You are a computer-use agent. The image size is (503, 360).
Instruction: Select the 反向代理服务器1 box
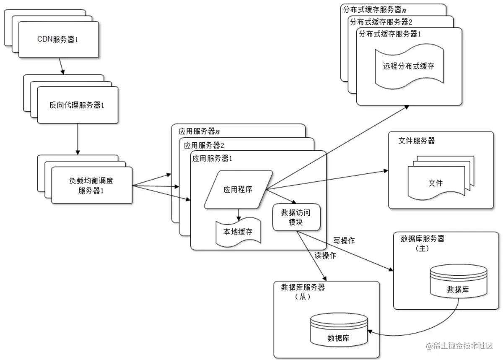coord(77,105)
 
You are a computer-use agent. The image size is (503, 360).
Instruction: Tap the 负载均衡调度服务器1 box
coord(92,185)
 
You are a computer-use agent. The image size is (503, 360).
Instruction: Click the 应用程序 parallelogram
coord(238,189)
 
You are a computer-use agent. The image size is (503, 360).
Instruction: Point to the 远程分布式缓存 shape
coord(408,66)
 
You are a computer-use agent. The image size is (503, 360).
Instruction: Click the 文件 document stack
coord(436,183)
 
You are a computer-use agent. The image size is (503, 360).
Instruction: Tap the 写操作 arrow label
coord(344,241)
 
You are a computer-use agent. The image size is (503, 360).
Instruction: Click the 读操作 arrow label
coord(325,256)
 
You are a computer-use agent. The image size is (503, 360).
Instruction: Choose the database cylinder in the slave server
coord(339,332)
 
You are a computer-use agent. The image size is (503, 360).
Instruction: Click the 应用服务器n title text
coord(200,131)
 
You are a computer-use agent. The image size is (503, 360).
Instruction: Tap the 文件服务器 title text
coord(416,141)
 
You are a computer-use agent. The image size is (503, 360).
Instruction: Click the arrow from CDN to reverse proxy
coord(62,65)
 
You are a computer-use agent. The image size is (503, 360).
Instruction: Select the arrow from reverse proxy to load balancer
coord(77,139)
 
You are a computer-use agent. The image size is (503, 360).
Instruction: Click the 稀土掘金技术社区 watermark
coord(460,346)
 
